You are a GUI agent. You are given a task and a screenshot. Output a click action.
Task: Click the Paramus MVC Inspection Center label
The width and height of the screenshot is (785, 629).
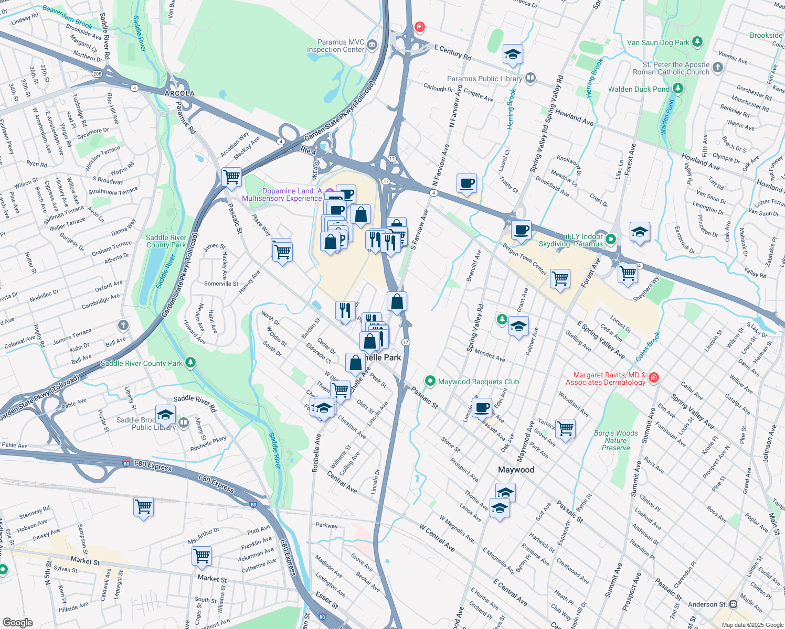[x=335, y=46]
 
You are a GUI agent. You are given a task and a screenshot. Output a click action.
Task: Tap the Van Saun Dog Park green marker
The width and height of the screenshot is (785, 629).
[x=697, y=42]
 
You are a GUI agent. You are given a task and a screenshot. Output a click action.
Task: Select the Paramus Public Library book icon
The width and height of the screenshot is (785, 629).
[x=531, y=79]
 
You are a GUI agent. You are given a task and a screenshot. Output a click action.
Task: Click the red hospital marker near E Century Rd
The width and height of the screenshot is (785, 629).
[x=419, y=27]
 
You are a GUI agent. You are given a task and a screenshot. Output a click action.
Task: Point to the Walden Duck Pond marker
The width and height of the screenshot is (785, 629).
[x=678, y=89]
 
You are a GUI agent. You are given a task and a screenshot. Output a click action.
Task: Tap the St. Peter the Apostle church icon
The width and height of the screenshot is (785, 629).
[x=718, y=67]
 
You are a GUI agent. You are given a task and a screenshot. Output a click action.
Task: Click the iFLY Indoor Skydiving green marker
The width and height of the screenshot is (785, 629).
[x=611, y=240]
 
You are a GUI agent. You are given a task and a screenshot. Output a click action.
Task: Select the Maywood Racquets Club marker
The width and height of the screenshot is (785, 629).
[x=430, y=381]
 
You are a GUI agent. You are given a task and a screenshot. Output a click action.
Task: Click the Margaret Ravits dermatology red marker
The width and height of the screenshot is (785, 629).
[x=653, y=377]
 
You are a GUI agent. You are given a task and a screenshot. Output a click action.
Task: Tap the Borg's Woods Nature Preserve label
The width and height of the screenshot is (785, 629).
[x=616, y=440]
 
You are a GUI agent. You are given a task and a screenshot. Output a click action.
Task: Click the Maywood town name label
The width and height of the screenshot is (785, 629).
[x=516, y=470]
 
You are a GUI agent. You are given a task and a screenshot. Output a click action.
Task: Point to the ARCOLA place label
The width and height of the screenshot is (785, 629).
[x=179, y=93]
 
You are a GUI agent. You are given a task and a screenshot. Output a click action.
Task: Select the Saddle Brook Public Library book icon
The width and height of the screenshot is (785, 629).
[x=183, y=422]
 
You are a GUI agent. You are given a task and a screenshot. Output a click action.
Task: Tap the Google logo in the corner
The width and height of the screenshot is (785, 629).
[x=18, y=622]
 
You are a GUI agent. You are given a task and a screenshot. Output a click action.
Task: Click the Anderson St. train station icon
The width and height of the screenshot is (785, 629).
[x=733, y=604]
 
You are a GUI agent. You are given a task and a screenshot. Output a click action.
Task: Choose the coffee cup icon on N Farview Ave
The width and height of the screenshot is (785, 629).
[x=466, y=184]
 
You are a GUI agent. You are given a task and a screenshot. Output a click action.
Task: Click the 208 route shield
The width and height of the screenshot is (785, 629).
[x=97, y=74]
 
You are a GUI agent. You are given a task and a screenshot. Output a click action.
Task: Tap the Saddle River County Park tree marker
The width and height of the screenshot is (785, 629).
[x=190, y=362]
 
